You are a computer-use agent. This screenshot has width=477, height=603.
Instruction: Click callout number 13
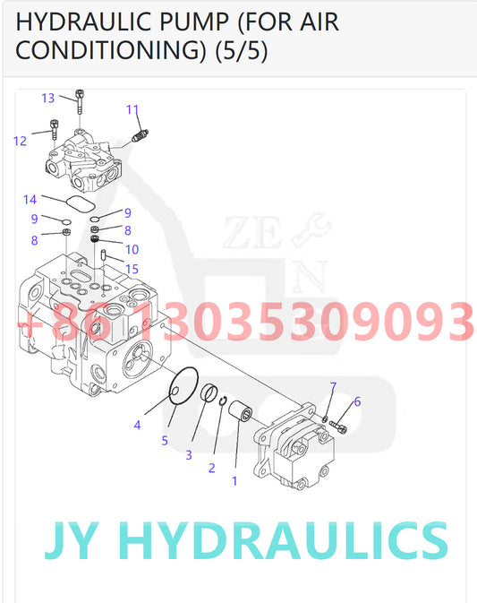pos(48,98)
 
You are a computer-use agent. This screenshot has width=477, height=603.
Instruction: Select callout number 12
pos(20,140)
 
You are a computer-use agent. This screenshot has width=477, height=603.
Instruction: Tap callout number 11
pos(132,110)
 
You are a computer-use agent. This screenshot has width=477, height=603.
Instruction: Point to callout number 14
pos(30,199)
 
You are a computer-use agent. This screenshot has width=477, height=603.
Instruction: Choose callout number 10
pos(132,250)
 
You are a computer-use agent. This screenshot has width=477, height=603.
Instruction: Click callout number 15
pos(132,269)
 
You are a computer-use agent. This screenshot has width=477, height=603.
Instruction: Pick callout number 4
pos(137,426)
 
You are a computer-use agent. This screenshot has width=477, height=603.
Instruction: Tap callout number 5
pos(165,440)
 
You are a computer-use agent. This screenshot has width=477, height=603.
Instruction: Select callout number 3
pos(189,455)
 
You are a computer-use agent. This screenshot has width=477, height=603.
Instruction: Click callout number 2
pos(211,468)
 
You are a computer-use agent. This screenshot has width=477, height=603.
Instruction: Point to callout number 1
pos(234,480)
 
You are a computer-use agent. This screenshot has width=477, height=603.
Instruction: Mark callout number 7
pos(333,387)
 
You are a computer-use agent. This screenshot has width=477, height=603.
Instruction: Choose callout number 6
pos(357,401)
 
